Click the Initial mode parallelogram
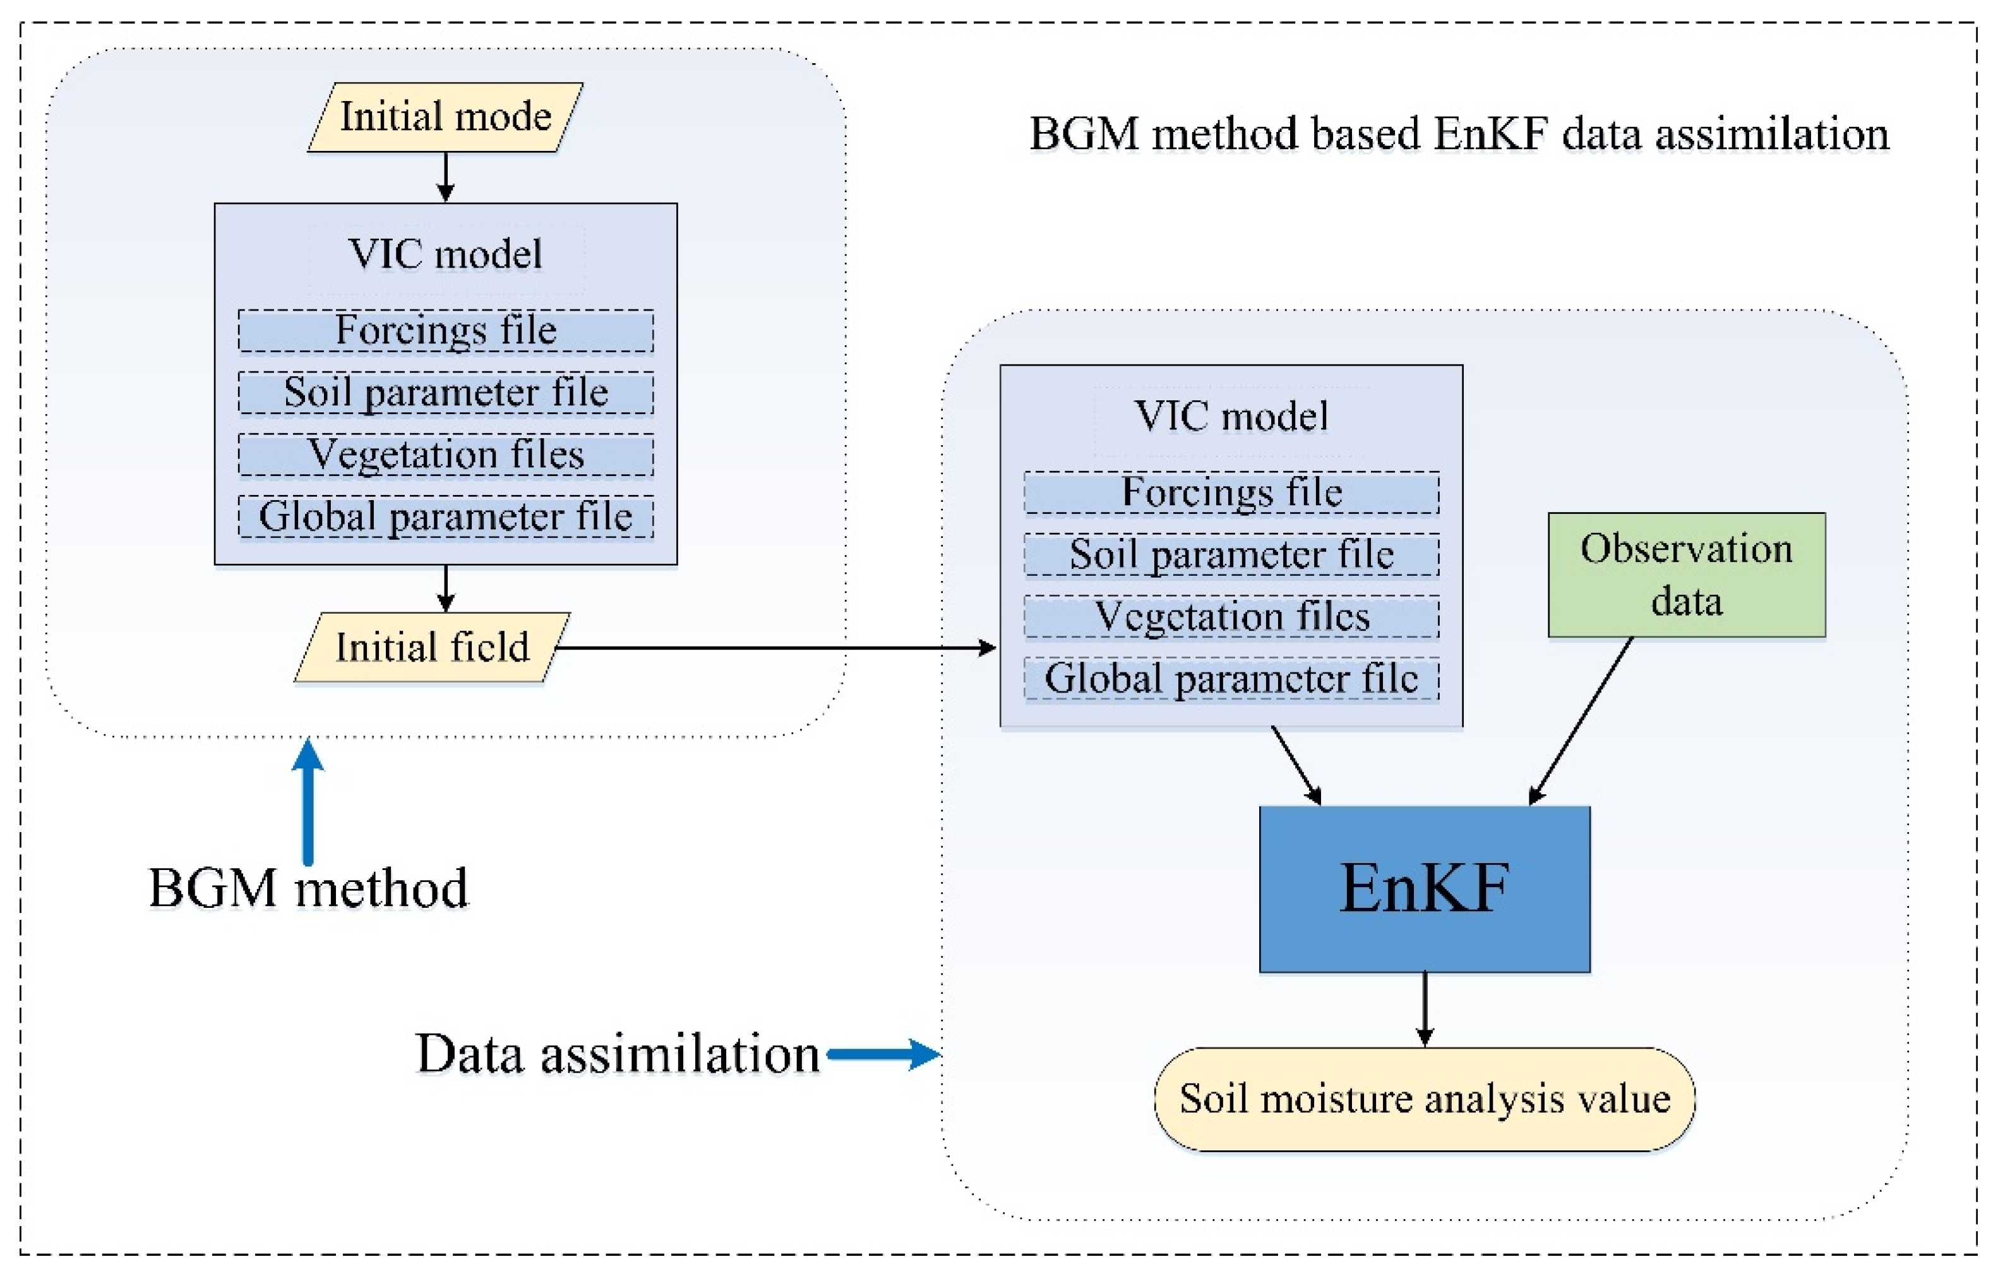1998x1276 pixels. pos(446,117)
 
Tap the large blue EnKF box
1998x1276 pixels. pos(1424,888)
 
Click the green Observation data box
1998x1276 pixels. pos(1686,575)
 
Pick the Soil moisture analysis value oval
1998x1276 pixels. pos(1424,1099)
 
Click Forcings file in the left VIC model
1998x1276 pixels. pos(446,331)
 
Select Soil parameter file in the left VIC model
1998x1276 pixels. pos(446,393)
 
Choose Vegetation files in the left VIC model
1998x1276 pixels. pos(446,455)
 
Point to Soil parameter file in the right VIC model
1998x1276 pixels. pos(1231,555)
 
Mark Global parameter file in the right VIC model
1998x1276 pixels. pos(1231,679)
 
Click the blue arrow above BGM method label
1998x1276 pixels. pos(308,801)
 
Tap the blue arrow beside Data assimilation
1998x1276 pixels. pos(883,1054)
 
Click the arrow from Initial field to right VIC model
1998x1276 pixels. pos(776,648)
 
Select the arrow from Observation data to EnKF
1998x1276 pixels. pos(1581,721)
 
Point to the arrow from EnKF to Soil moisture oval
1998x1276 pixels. pos(1425,1009)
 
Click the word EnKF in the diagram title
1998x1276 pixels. pos(1490,134)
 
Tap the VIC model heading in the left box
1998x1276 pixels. pos(446,254)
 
